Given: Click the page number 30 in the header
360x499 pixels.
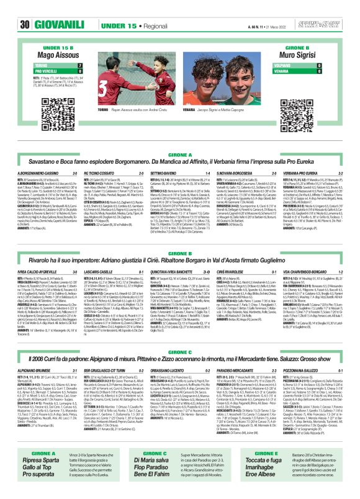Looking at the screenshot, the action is pos(25,7).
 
